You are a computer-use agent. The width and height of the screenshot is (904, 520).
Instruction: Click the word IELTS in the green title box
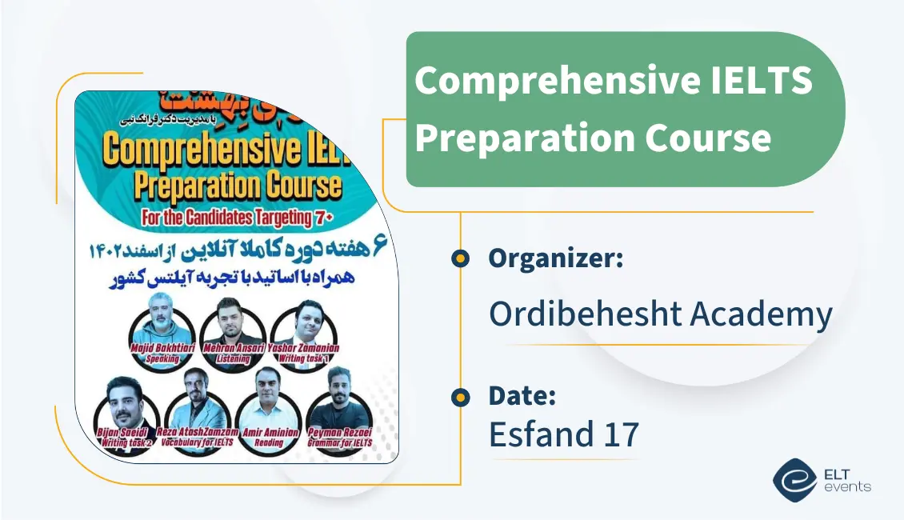point(759,81)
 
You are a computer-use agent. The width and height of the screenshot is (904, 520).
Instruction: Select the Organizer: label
point(556,258)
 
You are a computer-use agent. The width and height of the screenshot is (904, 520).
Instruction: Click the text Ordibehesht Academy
point(660,314)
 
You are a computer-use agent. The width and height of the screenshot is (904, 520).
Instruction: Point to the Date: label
point(522,395)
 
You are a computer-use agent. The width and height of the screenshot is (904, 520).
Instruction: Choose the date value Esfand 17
point(563,434)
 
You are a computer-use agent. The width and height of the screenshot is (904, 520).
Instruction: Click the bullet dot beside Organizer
point(460,258)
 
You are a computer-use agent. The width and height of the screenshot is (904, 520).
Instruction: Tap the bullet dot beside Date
point(460,396)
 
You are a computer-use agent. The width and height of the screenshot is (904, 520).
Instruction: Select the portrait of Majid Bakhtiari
point(163,320)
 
